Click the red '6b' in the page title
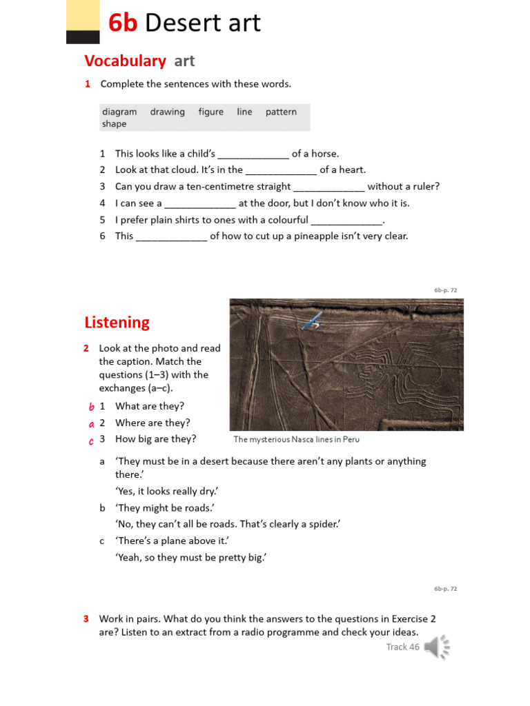[124, 23]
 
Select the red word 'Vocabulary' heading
[125, 61]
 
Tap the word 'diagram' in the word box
[119, 112]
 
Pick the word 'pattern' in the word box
[281, 112]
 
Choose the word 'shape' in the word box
[114, 124]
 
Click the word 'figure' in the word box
[210, 112]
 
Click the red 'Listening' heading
[117, 322]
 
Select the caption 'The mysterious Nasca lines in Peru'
[296, 439]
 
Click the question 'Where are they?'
[153, 423]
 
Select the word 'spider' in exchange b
[322, 524]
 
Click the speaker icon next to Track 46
[436, 647]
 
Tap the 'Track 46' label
[402, 647]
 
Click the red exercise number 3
[87, 618]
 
